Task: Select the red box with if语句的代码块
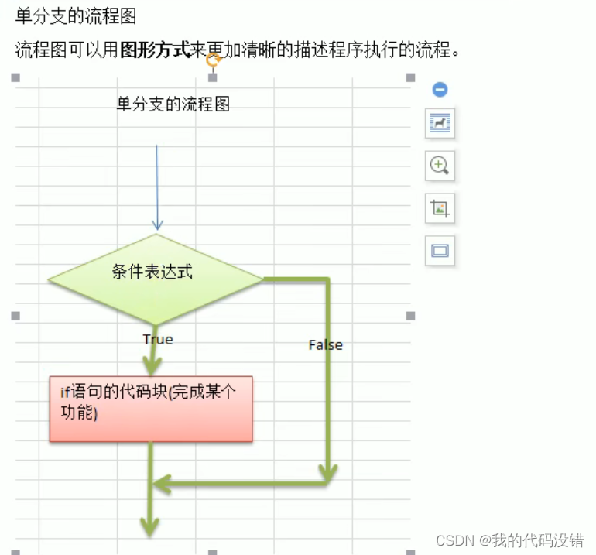tap(151, 409)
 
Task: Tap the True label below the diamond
tap(158, 339)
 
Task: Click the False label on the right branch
tap(325, 344)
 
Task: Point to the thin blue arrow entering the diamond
tap(157, 186)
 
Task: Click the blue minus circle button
tap(440, 90)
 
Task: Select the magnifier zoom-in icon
tap(440, 165)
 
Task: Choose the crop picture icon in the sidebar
tap(440, 207)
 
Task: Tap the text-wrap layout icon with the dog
tap(440, 124)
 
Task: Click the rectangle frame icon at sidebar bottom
tap(440, 250)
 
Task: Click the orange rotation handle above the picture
tap(214, 59)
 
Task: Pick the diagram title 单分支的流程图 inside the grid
tap(173, 104)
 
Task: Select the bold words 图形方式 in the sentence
tap(155, 51)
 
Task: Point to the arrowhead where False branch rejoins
tap(159, 485)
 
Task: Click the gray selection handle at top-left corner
tap(15, 77)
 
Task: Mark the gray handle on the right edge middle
tap(410, 316)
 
